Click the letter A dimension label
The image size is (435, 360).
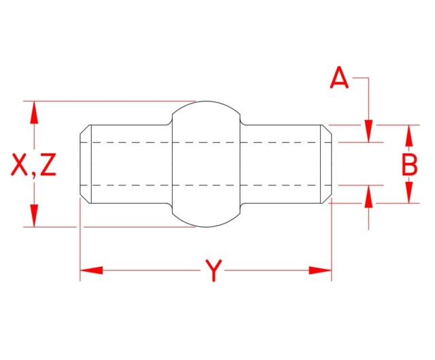[x=339, y=79]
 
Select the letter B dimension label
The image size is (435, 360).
[x=409, y=164]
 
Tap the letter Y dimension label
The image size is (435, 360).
[x=213, y=272]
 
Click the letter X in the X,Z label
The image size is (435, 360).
[x=21, y=165]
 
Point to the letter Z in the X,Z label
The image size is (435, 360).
[x=48, y=165]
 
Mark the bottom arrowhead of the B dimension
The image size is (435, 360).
[x=409, y=193]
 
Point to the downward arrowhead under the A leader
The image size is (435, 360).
[x=368, y=132]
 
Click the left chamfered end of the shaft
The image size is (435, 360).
[x=86, y=164]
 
